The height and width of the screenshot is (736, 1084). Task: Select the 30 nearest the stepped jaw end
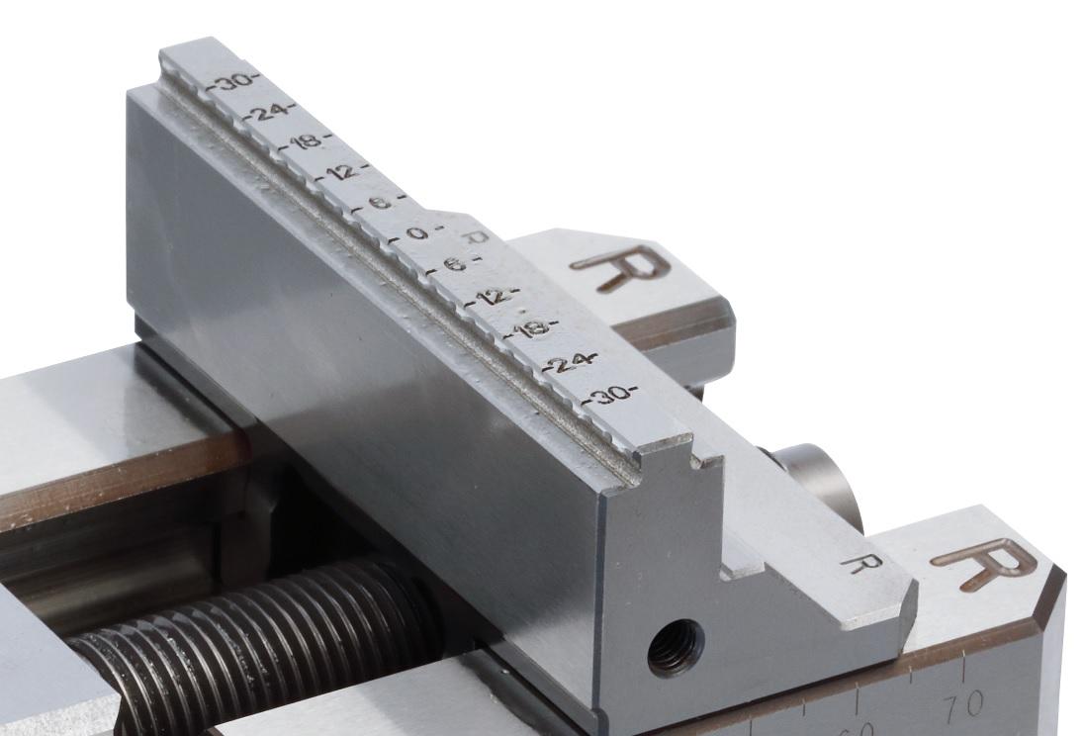(611, 395)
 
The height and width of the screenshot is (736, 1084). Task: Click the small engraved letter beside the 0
(478, 237)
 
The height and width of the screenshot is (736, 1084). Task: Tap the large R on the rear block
(620, 265)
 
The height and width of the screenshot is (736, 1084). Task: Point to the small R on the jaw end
(860, 563)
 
